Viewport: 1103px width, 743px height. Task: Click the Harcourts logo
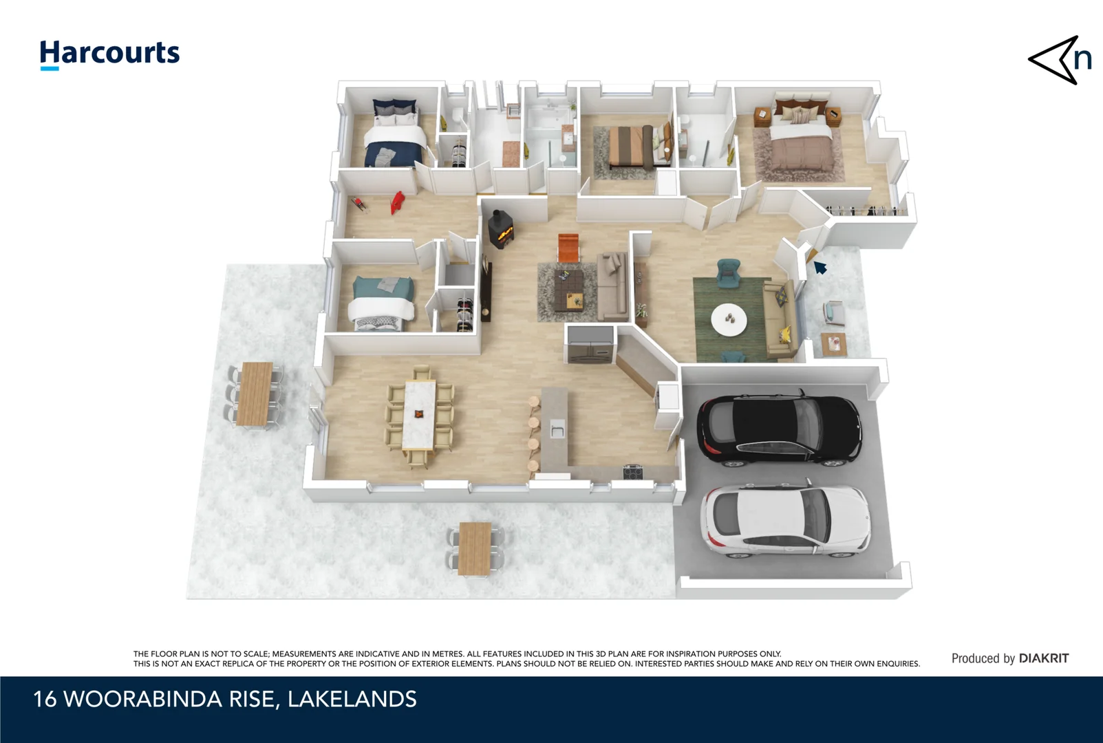coord(109,54)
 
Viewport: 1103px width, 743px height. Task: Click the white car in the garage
coord(785,520)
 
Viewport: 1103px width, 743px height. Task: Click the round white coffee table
coord(729,320)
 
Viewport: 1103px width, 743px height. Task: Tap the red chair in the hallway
coord(397,202)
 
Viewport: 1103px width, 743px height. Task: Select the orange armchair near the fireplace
coord(568,246)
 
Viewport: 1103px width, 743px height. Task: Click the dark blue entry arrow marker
coord(820,267)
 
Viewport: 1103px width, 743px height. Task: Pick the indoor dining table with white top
coord(420,416)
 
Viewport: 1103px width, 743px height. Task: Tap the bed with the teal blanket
coord(383,303)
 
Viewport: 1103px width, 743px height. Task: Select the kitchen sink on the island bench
coord(557,431)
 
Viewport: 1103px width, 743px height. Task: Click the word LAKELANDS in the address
coord(352,700)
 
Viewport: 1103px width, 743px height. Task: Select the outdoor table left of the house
coord(255,394)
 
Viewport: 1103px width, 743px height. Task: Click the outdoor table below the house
coord(475,548)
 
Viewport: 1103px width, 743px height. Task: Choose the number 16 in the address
coord(45,700)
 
